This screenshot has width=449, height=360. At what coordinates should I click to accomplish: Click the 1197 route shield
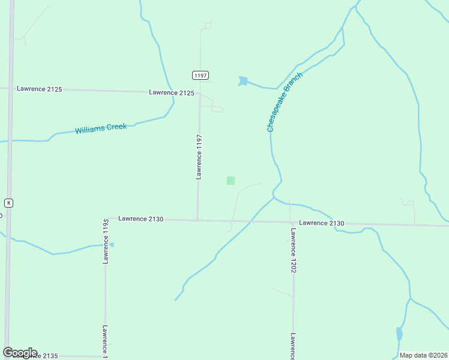[200, 75]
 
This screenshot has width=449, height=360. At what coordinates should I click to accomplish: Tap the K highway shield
[8, 203]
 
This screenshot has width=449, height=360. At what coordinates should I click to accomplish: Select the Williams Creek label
[101, 128]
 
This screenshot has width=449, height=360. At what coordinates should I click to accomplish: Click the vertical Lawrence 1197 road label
[199, 157]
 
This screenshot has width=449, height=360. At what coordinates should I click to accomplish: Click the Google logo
[20, 353]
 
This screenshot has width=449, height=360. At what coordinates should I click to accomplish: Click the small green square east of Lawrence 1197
[231, 180]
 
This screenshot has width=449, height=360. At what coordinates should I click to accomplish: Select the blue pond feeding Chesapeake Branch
[243, 81]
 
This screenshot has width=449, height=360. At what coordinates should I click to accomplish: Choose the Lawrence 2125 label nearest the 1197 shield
[172, 92]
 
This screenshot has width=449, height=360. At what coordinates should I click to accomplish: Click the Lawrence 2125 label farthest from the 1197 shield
[39, 89]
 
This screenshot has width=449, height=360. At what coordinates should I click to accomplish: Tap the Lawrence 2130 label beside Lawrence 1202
[322, 223]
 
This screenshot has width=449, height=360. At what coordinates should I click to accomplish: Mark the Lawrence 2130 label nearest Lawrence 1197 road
[140, 219]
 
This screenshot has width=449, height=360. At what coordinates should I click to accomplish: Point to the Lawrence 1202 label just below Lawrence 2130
[294, 250]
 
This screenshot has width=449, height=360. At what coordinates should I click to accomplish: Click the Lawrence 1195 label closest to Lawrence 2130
[105, 241]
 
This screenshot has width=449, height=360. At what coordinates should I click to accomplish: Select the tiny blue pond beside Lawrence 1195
[112, 244]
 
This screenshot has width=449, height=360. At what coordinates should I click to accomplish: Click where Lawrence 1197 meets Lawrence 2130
[197, 220]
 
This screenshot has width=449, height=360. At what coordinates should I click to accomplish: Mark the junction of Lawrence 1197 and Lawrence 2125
[200, 93]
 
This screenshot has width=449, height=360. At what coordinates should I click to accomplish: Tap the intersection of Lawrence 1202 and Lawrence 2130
[292, 223]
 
